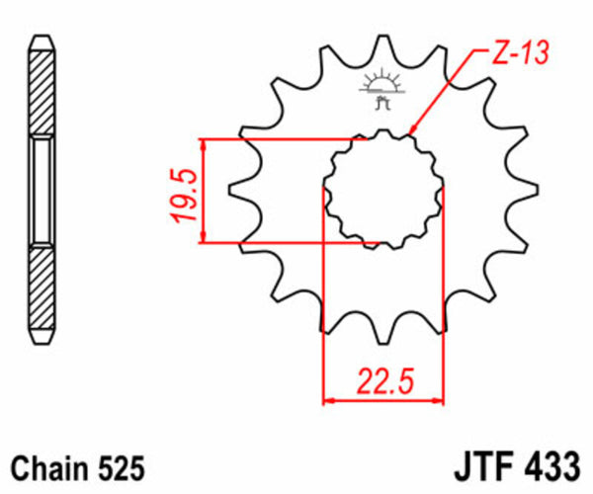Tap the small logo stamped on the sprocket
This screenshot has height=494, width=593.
click(x=382, y=90)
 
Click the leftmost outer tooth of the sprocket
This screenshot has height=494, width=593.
click(x=238, y=189)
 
